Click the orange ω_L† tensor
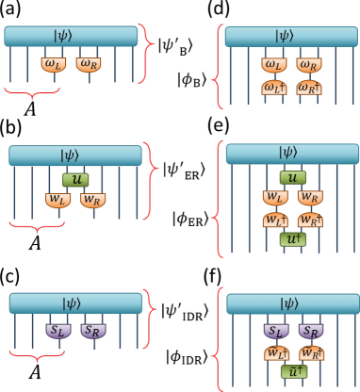[x=274, y=88]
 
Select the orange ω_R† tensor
[x=308, y=88]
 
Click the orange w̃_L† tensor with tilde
[x=275, y=352]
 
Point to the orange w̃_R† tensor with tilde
[x=309, y=352]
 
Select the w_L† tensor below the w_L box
[x=275, y=219]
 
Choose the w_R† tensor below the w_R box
[x=309, y=219]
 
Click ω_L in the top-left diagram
[x=54, y=64]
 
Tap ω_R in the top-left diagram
[x=88, y=64]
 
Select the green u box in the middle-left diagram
[x=74, y=179]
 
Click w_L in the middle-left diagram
[x=58, y=200]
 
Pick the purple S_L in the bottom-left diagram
[x=58, y=331]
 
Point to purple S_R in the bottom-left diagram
[x=92, y=331]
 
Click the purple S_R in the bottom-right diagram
[x=309, y=331]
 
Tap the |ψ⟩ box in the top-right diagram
[x=284, y=36]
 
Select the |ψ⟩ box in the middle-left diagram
[x=74, y=155]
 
